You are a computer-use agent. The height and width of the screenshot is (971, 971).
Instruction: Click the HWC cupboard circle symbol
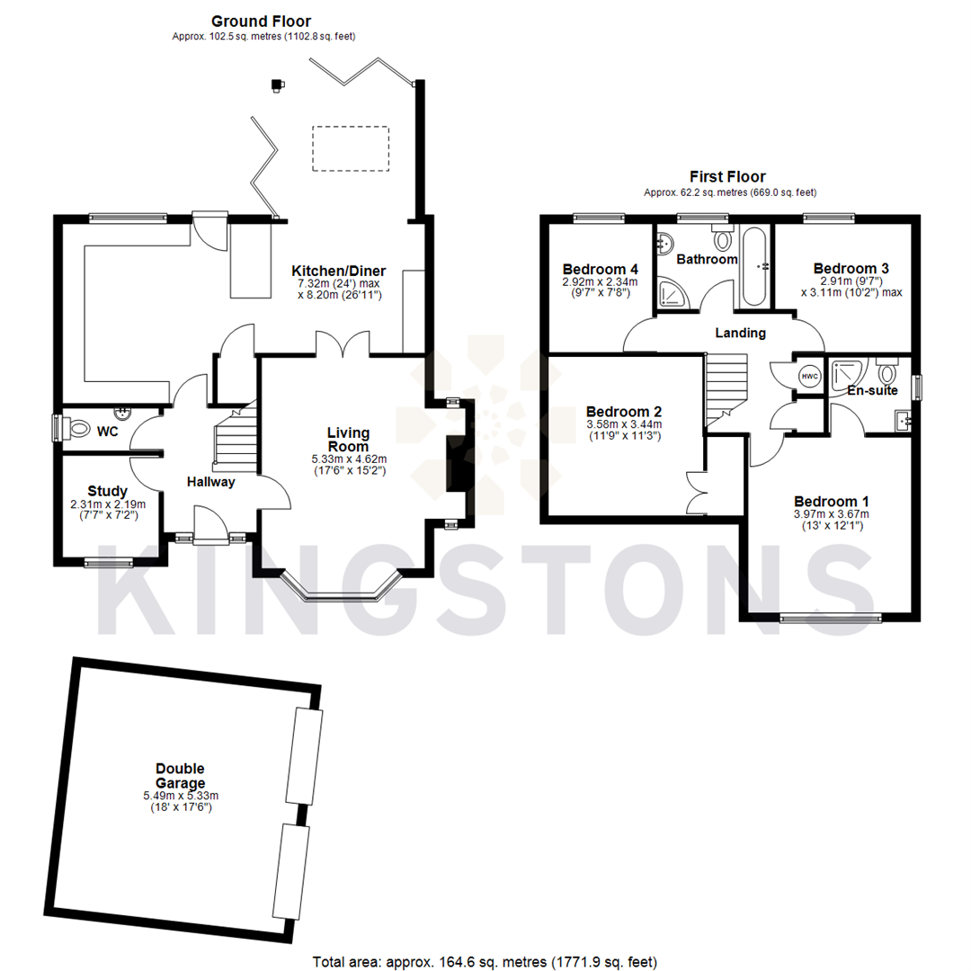(810, 377)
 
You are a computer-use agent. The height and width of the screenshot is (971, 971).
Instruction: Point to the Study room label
(107, 491)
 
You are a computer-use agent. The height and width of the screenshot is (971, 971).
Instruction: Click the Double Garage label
(180, 775)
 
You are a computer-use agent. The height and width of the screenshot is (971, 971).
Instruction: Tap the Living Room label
(348, 440)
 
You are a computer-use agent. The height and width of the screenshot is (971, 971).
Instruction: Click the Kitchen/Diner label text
(339, 271)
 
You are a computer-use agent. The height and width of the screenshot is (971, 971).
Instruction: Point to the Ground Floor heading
(262, 21)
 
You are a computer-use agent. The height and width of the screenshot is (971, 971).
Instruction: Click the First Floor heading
(727, 177)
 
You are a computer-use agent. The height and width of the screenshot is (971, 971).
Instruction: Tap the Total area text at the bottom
(485, 961)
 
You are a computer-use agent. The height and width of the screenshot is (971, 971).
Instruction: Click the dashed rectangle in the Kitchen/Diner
(351, 147)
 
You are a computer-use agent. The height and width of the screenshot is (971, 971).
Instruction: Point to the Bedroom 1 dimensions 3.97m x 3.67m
(831, 514)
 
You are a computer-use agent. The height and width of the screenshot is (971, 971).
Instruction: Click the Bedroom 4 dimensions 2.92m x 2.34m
(600, 281)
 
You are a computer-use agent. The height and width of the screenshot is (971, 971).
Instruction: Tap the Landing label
(740, 333)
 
